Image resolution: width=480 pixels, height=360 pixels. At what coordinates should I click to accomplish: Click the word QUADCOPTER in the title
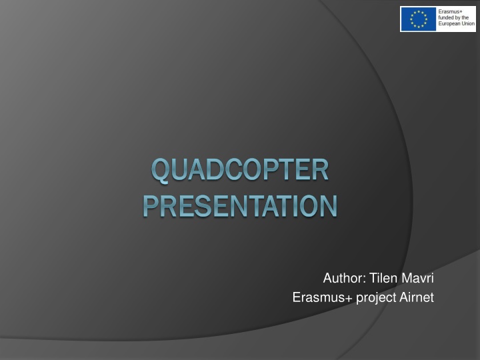(240, 171)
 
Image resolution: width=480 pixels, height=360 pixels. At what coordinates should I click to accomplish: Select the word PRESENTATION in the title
(240, 205)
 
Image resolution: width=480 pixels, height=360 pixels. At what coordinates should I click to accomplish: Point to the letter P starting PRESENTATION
(151, 205)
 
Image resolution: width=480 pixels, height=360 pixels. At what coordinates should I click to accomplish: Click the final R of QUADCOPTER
(321, 171)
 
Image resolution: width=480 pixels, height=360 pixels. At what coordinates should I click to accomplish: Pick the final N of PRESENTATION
(327, 205)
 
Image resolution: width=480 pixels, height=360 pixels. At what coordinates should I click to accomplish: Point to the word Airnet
(417, 297)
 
